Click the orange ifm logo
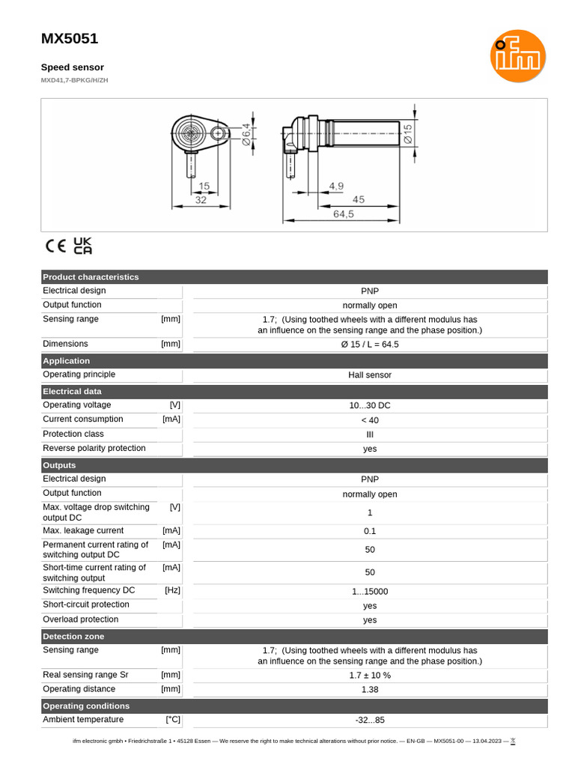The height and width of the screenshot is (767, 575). (517, 56)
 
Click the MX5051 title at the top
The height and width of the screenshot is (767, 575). (70, 39)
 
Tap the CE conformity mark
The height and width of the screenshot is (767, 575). (56, 246)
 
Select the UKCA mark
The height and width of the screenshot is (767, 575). (83, 246)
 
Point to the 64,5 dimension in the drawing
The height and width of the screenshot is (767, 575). (344, 213)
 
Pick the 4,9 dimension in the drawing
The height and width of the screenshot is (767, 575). (336, 186)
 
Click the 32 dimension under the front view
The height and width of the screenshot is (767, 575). (201, 200)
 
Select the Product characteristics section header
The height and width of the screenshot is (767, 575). (91, 276)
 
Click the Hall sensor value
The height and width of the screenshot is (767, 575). (370, 375)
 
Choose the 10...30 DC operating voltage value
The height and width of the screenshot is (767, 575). (370, 405)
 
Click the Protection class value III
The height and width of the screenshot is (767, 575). (370, 434)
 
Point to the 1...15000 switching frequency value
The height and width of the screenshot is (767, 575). (370, 592)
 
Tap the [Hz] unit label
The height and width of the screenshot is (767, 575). (172, 590)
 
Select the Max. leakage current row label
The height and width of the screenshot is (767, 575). (83, 530)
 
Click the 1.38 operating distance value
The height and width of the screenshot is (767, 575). (370, 689)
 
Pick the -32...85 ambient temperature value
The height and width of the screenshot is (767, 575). (370, 721)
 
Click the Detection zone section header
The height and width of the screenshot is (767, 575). (73, 636)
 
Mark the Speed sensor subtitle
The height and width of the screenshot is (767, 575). (72, 67)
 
